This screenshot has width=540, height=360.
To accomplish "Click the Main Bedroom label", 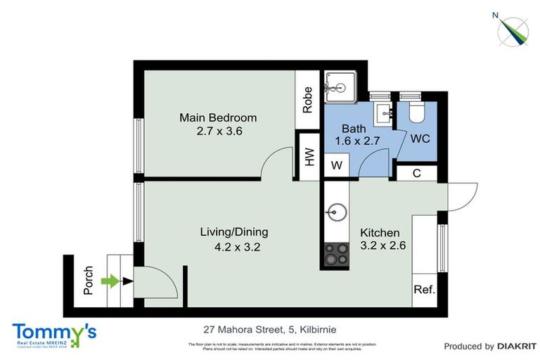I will coord(217,117).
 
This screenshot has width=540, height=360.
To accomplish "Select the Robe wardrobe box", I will coord(308,100).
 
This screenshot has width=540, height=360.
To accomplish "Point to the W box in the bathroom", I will coord(335,166).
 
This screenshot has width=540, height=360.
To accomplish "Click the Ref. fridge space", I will coord(424,289).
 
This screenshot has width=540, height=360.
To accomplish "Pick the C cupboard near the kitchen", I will coord(417,172).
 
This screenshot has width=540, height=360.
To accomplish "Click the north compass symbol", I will coord(513,29).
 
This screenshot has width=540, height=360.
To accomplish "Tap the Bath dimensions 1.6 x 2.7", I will coord(358,141).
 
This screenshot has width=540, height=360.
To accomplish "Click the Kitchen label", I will coord(380,233).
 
